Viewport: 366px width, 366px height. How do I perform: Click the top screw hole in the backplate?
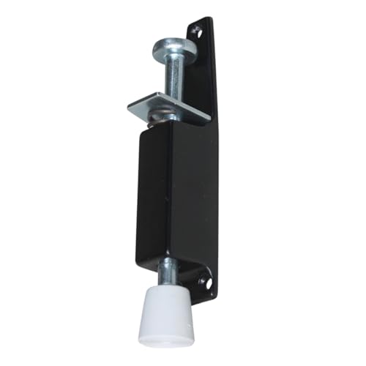click(195, 30)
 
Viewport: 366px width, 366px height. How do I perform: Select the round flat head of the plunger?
click(174, 48)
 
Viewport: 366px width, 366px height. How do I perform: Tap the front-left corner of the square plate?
click(130, 108)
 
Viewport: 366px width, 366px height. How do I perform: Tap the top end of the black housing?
click(165, 126)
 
